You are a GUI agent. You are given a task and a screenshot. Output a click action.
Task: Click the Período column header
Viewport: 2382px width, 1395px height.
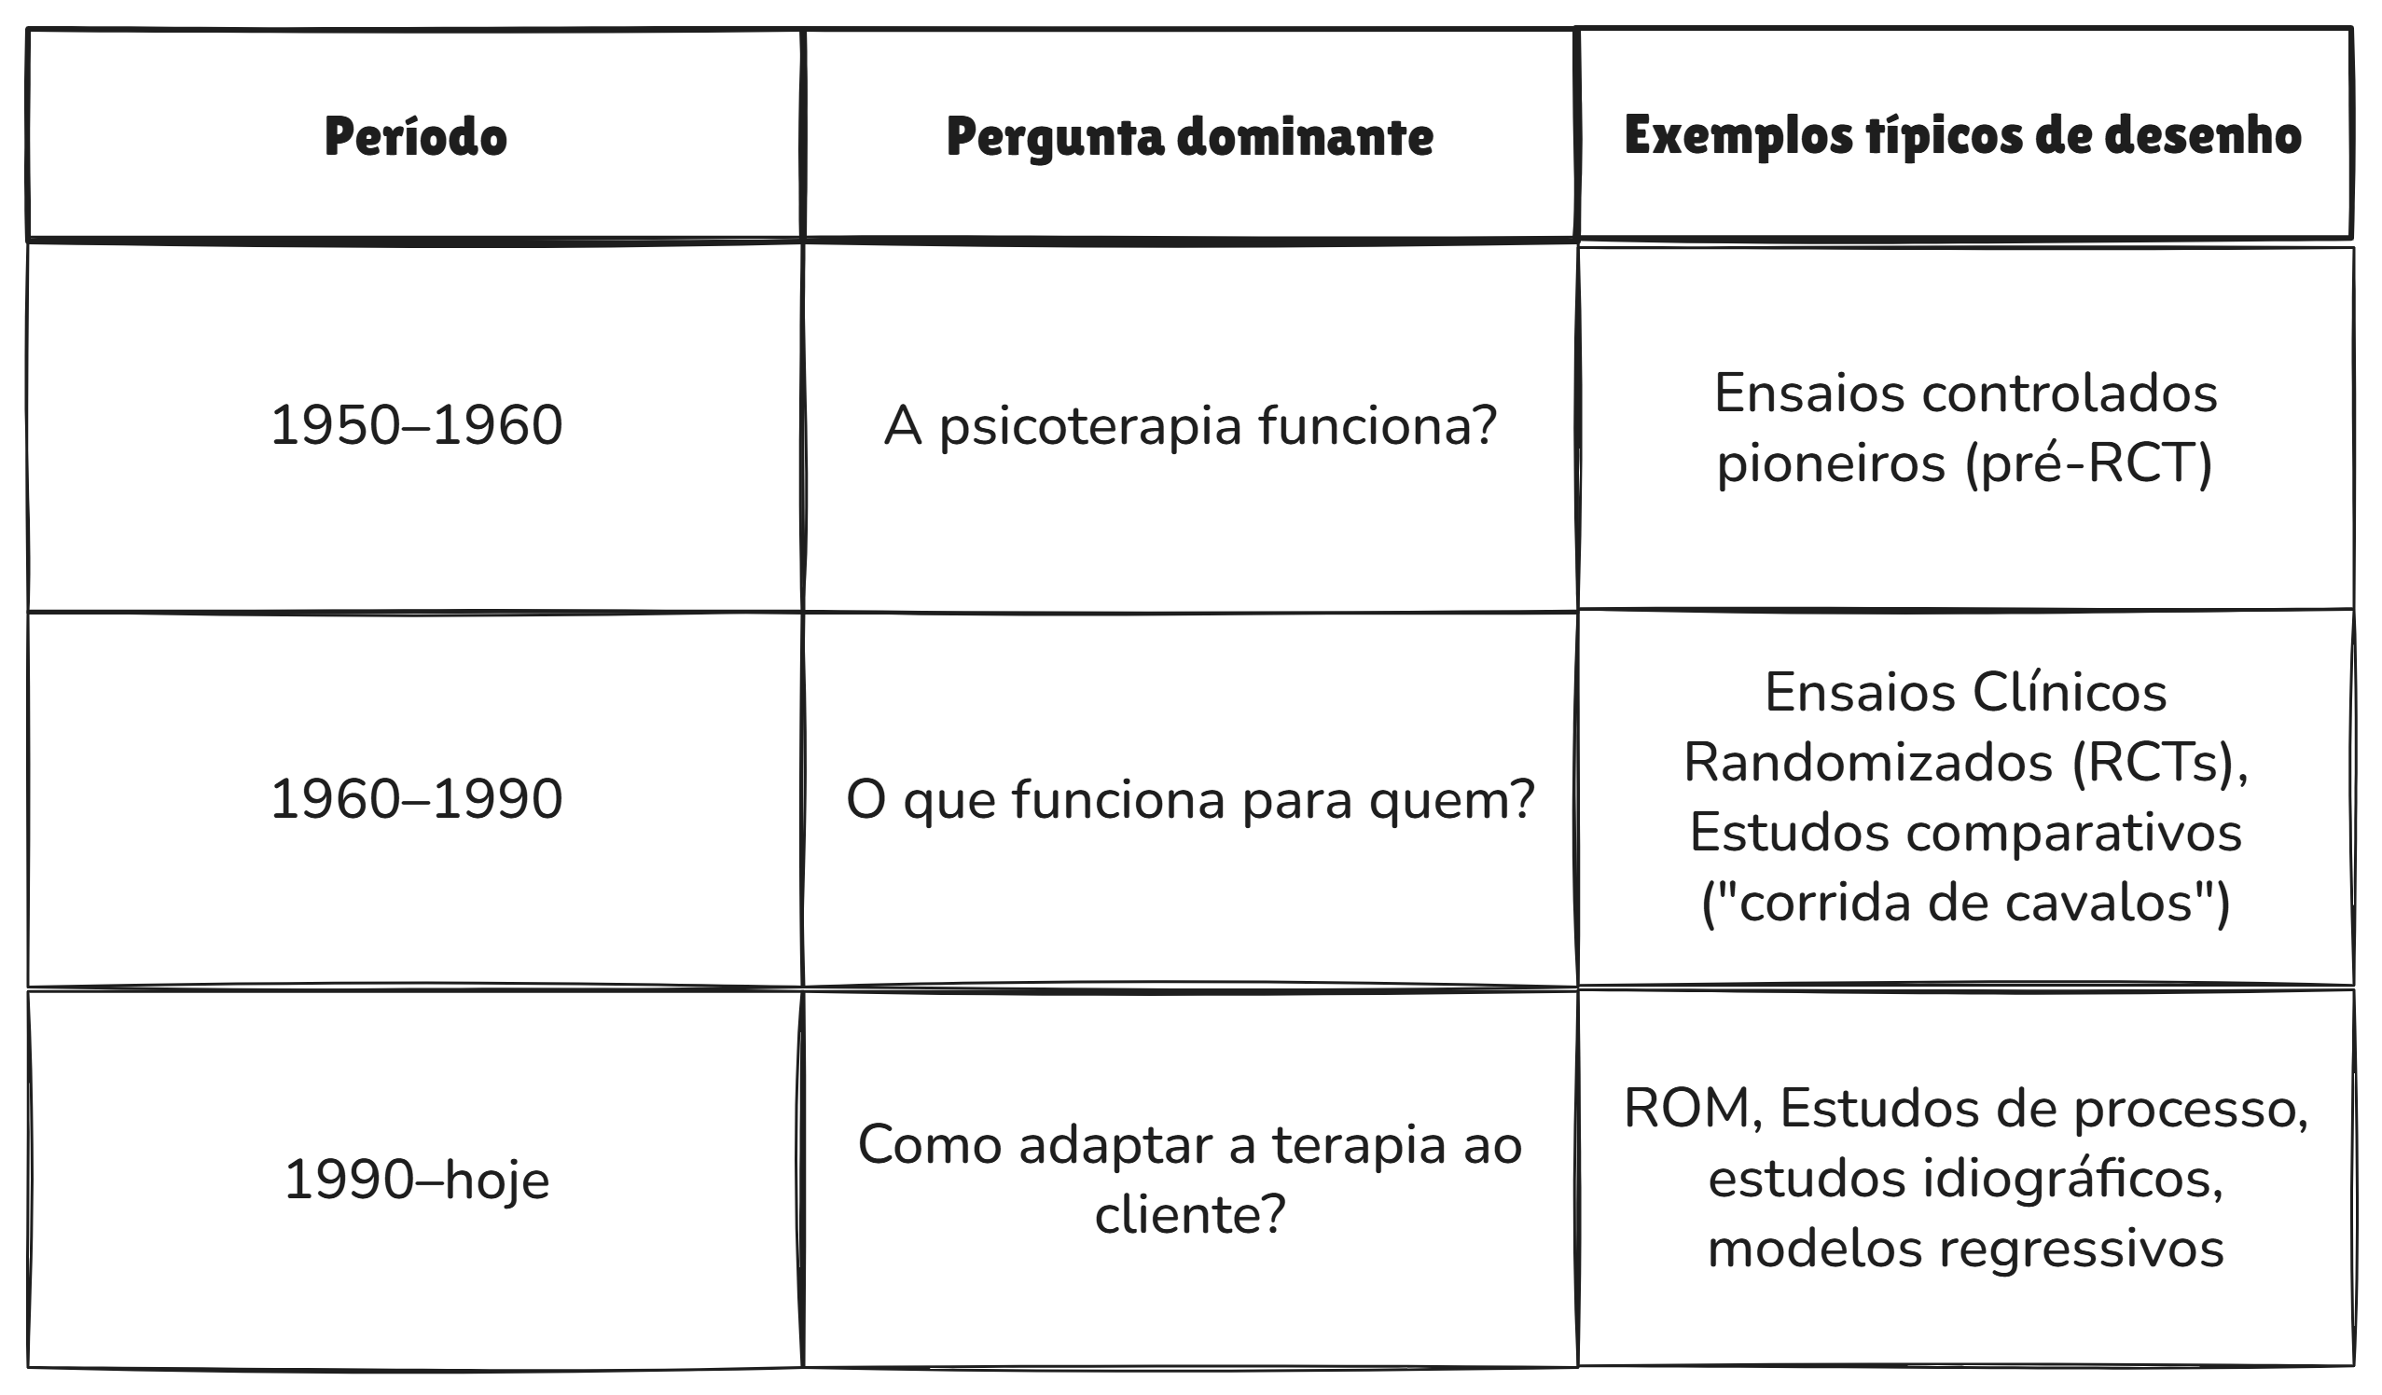(415, 137)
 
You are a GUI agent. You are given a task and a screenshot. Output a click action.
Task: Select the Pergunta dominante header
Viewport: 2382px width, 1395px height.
(1189, 137)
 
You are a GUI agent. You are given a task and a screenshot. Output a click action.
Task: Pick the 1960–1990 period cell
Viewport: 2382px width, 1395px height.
(416, 799)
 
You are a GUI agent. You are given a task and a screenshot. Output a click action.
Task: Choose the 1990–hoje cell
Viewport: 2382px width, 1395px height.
(416, 1180)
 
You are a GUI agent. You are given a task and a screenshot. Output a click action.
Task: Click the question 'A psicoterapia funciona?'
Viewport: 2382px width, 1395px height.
(1190, 426)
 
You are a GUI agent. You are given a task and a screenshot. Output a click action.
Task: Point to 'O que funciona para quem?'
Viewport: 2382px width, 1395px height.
(1189, 800)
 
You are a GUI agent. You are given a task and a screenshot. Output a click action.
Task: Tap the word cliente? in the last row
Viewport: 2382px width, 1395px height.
(1190, 1214)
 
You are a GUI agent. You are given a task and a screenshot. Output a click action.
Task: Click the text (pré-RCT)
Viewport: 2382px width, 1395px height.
(2089, 463)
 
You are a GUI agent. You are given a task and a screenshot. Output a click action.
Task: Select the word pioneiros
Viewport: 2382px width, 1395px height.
(1830, 463)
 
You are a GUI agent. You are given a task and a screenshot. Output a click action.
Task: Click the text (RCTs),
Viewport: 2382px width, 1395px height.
(2160, 763)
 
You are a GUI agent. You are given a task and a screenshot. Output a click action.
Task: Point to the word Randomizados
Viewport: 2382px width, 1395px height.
(1868, 763)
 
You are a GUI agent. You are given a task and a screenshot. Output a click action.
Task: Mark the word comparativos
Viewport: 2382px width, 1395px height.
(2073, 833)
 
